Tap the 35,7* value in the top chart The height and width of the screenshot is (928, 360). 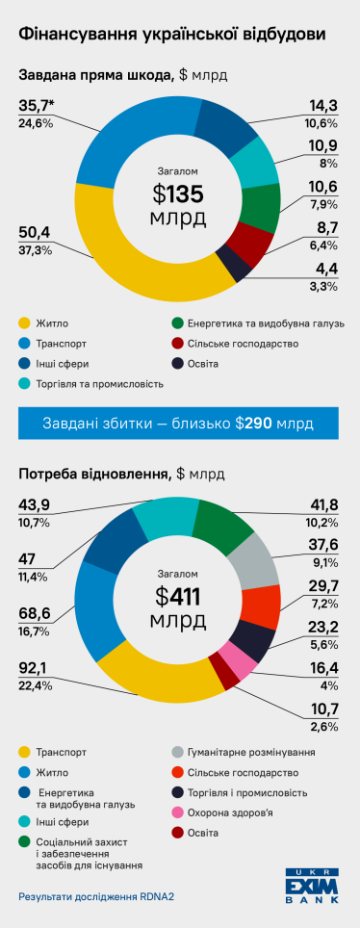[36, 107]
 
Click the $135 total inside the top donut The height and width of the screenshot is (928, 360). [177, 193]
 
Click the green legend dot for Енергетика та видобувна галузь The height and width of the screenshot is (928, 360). [178, 322]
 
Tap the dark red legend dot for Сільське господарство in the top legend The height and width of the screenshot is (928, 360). [178, 343]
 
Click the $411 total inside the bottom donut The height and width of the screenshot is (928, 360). [177, 597]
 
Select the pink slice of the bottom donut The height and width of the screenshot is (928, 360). [238, 658]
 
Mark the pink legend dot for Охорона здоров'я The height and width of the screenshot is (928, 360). [178, 786]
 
